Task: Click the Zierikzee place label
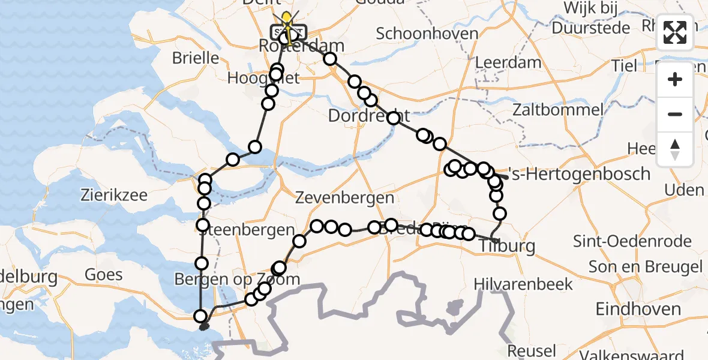(115, 194)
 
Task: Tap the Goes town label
(104, 275)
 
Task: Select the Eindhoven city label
(638, 309)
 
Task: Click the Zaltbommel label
(557, 109)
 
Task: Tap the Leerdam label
(508, 62)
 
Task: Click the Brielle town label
(196, 58)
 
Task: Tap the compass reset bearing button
(675, 148)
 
